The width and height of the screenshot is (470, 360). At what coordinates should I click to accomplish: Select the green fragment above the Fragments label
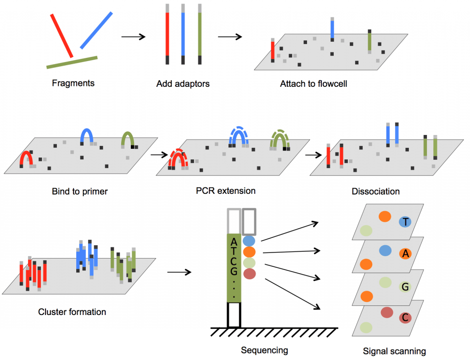(72, 62)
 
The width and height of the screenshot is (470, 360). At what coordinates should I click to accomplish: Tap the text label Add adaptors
(183, 84)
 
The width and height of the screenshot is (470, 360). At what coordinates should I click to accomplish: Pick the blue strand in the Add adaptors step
(183, 34)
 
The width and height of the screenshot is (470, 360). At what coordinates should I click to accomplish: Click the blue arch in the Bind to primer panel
(87, 135)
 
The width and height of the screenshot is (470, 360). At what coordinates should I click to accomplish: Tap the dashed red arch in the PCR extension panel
(177, 158)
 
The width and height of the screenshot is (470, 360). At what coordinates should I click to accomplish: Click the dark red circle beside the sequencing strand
(249, 274)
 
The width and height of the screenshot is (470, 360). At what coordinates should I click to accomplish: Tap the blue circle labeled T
(405, 222)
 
